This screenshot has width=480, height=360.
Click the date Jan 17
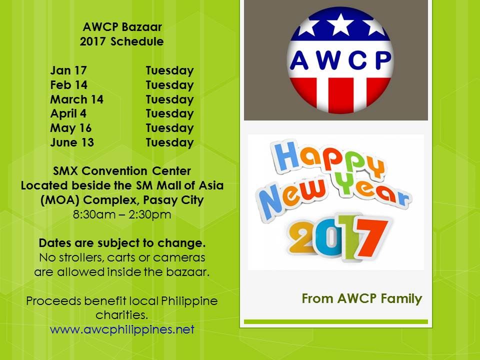pos(68,70)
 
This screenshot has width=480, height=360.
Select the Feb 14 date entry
pos(69,85)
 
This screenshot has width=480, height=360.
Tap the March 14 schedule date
pos(77,99)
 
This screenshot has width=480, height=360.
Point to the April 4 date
pos(68,113)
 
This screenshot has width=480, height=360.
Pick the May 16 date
pos(70,128)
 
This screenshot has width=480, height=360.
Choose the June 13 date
pos(72,142)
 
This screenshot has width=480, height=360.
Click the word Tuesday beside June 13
pos(169,142)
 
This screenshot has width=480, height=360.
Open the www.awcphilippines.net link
pos(122,329)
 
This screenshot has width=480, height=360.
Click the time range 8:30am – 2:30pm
pos(122,214)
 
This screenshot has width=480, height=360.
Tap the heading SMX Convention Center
pos(122,170)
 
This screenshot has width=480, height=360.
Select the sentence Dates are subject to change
pos(122,243)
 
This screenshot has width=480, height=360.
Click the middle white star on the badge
pos(340,24)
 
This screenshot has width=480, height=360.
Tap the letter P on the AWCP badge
pos(382,60)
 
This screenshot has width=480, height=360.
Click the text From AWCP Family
pos(362,298)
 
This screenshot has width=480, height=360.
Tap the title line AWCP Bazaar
pos(122,27)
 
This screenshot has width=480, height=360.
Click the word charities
pos(122,314)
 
